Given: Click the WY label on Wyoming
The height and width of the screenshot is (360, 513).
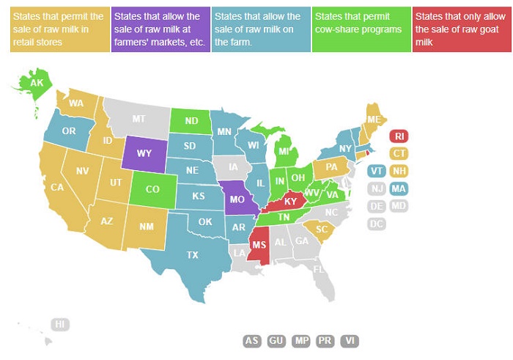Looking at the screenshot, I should coord(144,153).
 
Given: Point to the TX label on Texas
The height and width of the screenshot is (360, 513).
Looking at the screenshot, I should coord(193,255).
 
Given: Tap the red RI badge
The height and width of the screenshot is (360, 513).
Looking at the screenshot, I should coord(399,136).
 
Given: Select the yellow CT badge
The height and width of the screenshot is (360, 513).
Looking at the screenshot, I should coord(399,153).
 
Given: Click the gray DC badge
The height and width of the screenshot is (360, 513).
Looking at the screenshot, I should coord(377,224).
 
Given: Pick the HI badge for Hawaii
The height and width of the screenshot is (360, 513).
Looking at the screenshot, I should coord(60,324).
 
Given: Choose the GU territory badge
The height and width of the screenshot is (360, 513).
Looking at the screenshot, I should coord(276,341).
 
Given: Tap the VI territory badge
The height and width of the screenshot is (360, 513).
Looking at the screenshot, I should coord(350,341).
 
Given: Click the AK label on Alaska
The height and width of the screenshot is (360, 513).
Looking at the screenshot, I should coord(37,83).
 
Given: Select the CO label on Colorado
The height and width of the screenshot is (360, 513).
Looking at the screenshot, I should coord(152,189).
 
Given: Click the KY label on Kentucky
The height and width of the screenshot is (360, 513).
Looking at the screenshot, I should coord(290,202).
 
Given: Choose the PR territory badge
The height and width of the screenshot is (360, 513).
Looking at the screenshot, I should coord(325,341).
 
